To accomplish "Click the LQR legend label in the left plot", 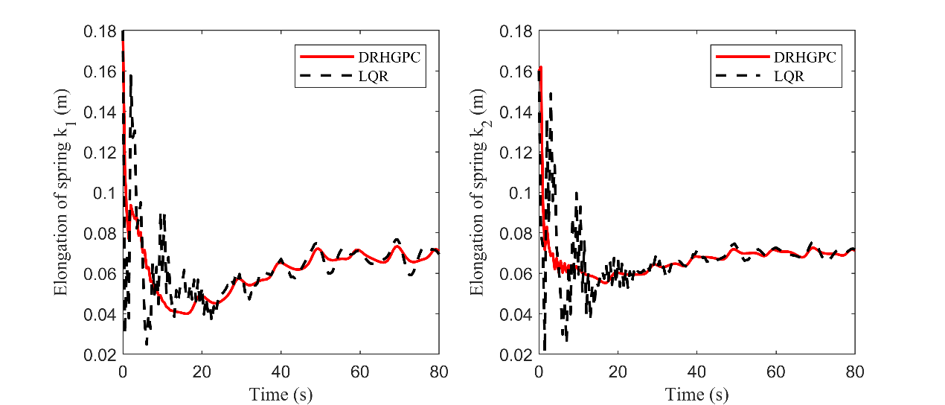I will [373, 74].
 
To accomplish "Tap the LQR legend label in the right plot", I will [789, 74].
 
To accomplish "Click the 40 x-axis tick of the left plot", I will [281, 370].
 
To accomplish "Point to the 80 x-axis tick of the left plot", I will [439, 370].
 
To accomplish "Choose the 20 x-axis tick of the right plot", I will [618, 370].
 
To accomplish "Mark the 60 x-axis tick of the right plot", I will [776, 370].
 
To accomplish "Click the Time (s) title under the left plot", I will [281, 393].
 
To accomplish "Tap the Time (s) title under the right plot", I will [697, 393].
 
